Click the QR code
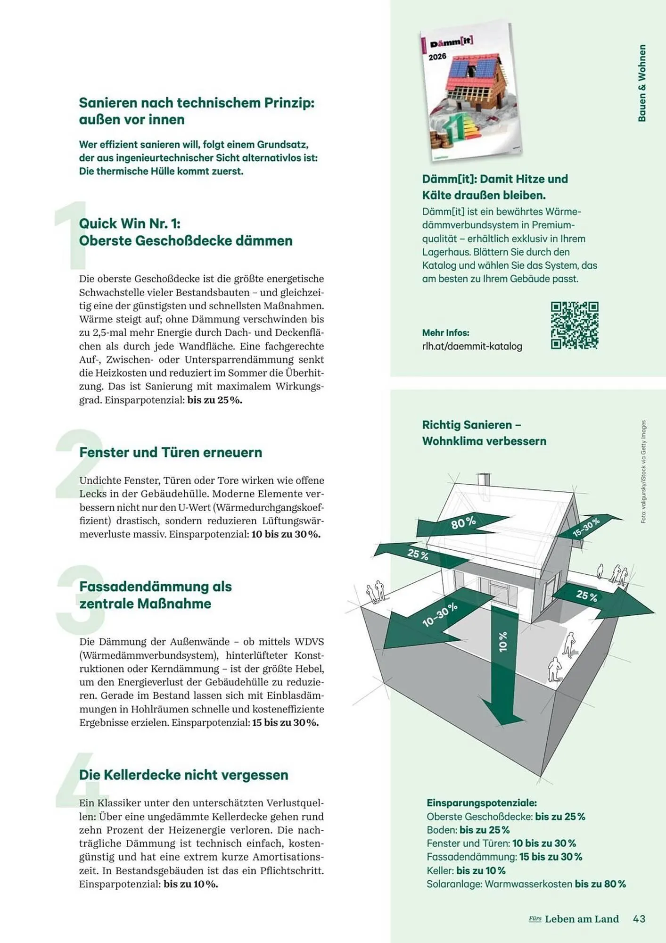(x=574, y=325)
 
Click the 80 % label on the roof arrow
(x=463, y=522)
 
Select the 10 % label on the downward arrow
(x=503, y=642)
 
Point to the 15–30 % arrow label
(x=586, y=527)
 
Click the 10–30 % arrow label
(x=439, y=614)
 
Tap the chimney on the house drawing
(x=483, y=480)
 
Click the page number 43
(x=639, y=918)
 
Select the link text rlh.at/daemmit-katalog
(x=472, y=346)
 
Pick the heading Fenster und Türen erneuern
(x=171, y=452)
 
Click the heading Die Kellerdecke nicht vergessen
(x=183, y=775)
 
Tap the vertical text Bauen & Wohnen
(x=641, y=83)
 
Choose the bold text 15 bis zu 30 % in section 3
(x=285, y=722)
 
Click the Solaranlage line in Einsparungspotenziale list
(x=526, y=884)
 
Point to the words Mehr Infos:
(x=445, y=332)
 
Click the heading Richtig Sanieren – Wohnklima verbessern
(x=484, y=433)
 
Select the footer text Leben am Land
(x=581, y=918)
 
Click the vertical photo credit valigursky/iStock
(x=643, y=471)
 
